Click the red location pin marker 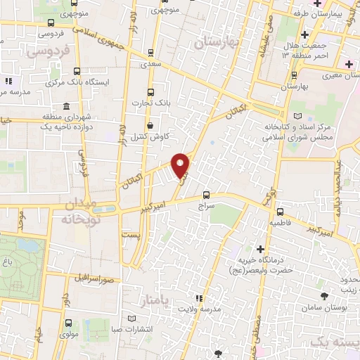tap(181, 165)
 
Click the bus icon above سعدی tap(151, 53)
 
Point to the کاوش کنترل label tap(148, 136)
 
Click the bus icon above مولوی tap(68, 323)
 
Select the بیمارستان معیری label tap(333, 74)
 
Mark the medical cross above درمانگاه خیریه tap(261, 249)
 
